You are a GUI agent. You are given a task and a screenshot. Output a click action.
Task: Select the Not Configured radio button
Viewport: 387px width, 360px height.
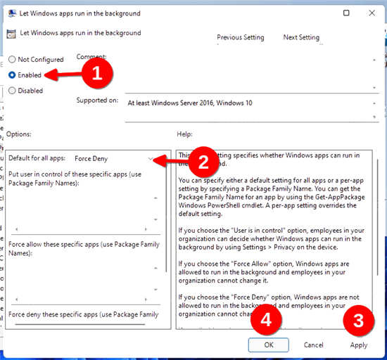point(12,60)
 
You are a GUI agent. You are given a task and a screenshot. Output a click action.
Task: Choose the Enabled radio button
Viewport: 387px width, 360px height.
point(12,75)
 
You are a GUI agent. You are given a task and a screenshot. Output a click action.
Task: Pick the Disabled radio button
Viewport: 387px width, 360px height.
point(12,90)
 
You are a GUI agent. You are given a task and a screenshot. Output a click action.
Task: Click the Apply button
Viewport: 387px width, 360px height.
point(359,345)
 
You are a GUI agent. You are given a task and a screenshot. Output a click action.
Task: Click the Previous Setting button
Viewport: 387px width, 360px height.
point(240,37)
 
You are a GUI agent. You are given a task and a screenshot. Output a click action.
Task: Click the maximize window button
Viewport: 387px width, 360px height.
point(346,13)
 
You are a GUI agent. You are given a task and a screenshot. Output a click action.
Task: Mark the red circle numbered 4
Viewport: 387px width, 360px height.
point(265,320)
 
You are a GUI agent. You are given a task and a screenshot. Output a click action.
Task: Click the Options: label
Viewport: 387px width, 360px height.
point(20,134)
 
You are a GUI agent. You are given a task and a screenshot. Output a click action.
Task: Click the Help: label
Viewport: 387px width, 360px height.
point(185,134)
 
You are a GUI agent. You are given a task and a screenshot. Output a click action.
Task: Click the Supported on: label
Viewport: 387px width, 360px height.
point(97,101)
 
